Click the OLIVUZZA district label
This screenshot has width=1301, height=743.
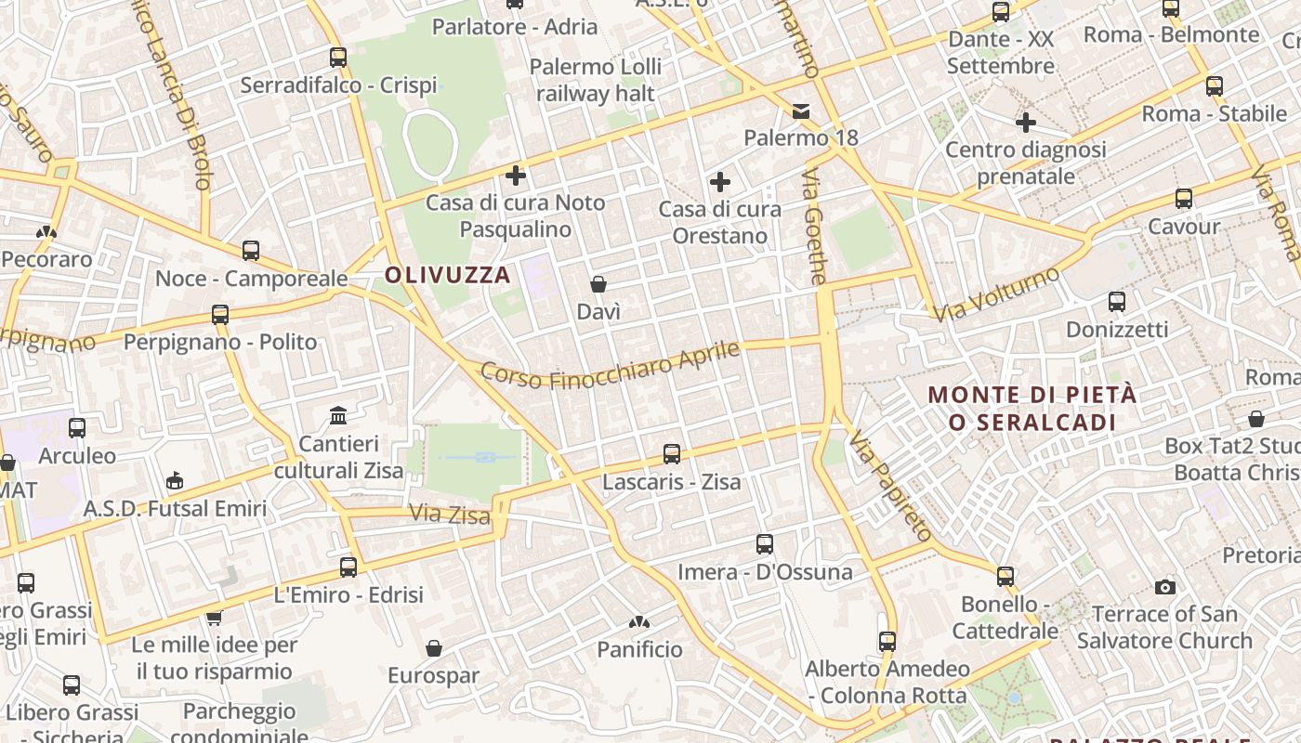pyautogui.click(x=448, y=275)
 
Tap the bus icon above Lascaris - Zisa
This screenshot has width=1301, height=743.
pyautogui.click(x=672, y=454)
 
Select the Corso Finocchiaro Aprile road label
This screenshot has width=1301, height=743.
pyautogui.click(x=611, y=366)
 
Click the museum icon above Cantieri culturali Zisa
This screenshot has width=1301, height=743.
pyautogui.click(x=338, y=415)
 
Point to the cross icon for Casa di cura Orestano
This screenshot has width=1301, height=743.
pyautogui.click(x=720, y=182)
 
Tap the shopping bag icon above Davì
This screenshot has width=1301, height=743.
pyautogui.click(x=598, y=284)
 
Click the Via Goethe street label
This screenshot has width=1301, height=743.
pyautogui.click(x=814, y=227)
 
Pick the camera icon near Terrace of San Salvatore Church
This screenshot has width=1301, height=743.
pyautogui.click(x=1164, y=587)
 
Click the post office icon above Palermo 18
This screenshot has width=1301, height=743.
pyautogui.click(x=801, y=111)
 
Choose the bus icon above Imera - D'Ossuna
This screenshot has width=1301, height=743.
pyautogui.click(x=765, y=544)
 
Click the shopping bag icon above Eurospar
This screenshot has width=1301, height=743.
pyautogui.click(x=433, y=648)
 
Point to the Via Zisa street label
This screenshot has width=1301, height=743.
pyautogui.click(x=450, y=514)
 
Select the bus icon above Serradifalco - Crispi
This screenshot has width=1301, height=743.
pyautogui.click(x=338, y=58)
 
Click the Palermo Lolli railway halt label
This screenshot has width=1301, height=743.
pyautogui.click(x=596, y=80)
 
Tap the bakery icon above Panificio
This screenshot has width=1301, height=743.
pyautogui.click(x=639, y=622)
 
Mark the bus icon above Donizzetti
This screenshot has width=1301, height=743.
pyautogui.click(x=1117, y=302)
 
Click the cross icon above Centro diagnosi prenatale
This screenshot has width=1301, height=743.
pyautogui.click(x=1026, y=123)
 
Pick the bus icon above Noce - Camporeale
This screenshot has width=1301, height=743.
pyautogui.click(x=251, y=251)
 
